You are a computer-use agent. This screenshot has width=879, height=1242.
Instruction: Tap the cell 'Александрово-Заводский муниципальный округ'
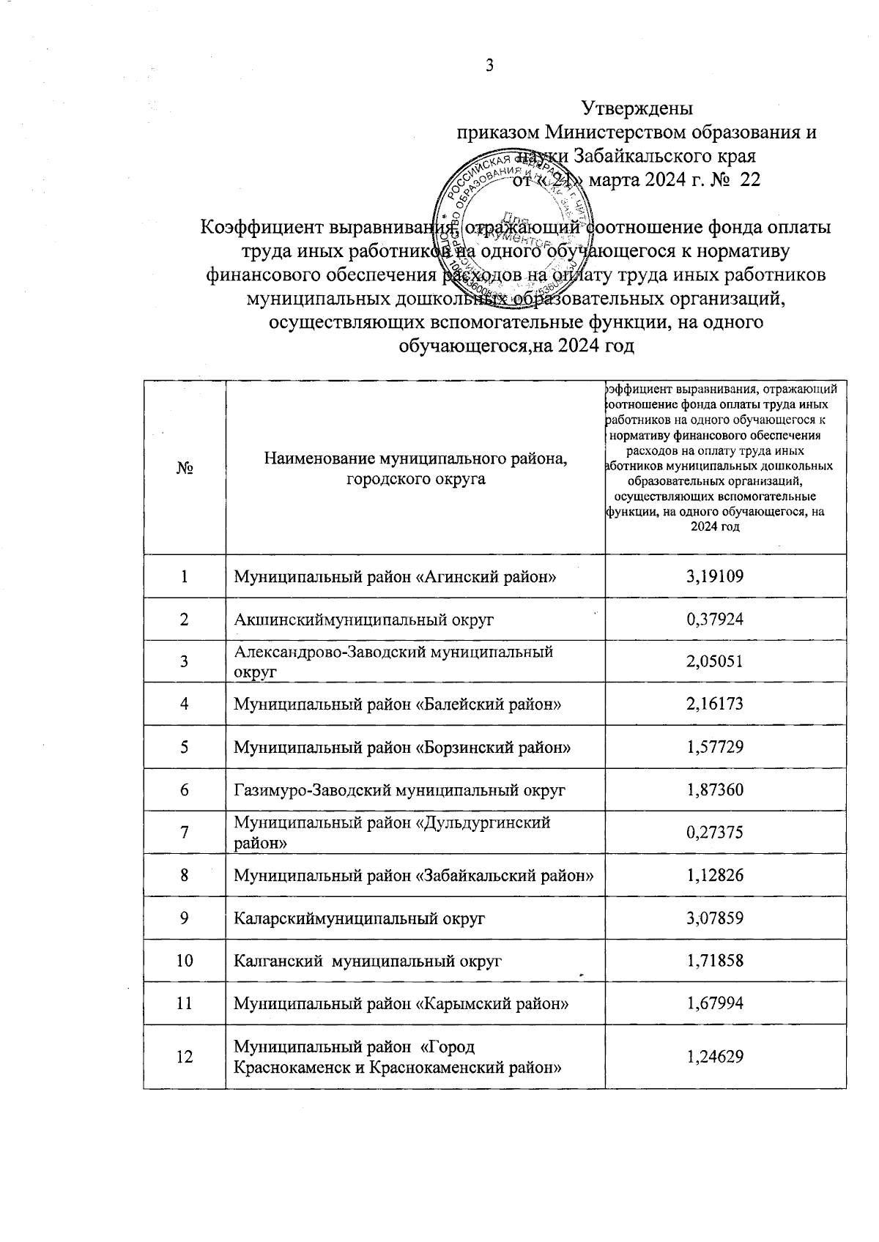pyautogui.click(x=393, y=661)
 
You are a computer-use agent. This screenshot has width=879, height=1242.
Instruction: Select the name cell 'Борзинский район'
pyautogui.click(x=402, y=748)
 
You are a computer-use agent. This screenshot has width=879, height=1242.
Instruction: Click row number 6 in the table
pyautogui.click(x=185, y=790)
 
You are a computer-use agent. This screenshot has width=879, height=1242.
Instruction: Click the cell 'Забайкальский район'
pyautogui.click(x=413, y=875)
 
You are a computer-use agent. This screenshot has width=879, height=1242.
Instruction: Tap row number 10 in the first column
pyautogui.click(x=185, y=960)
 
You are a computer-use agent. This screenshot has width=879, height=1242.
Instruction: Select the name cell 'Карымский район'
pyautogui.click(x=401, y=1003)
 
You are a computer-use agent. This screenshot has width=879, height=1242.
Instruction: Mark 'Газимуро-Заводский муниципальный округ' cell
pyautogui.click(x=399, y=790)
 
